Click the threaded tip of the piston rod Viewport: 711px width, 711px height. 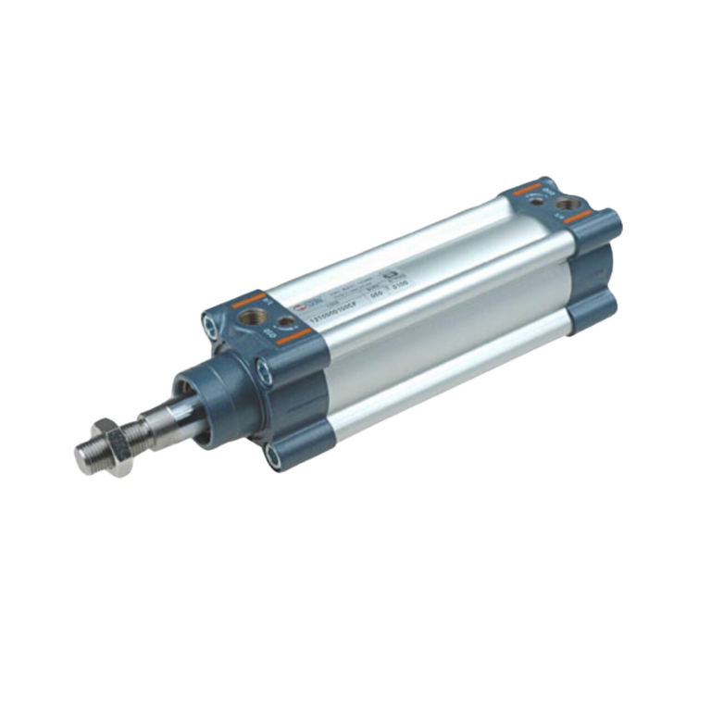(x=86, y=456)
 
